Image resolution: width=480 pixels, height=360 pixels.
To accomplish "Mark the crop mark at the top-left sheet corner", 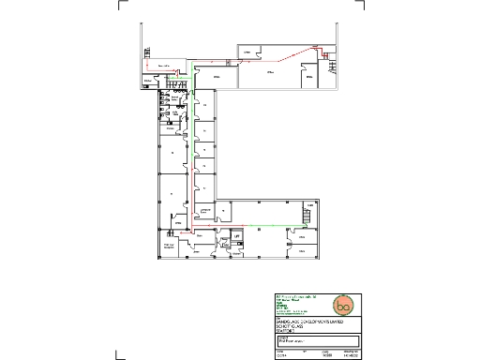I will coord(120,3).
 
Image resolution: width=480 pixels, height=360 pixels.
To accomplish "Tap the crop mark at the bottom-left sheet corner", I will coord(118,356).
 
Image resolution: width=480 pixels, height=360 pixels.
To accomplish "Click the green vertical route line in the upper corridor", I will coord(193,122).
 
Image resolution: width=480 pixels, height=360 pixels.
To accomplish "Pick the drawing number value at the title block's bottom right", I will coord(352,355).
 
